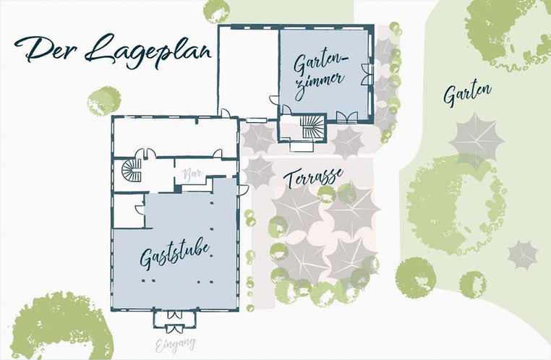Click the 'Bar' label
(x=192, y=174)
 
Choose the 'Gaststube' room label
(x=175, y=254)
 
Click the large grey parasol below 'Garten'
(x=476, y=137)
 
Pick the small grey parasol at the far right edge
(x=522, y=253)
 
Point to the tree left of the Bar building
(x=103, y=101)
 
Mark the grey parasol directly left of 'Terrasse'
(x=259, y=171)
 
